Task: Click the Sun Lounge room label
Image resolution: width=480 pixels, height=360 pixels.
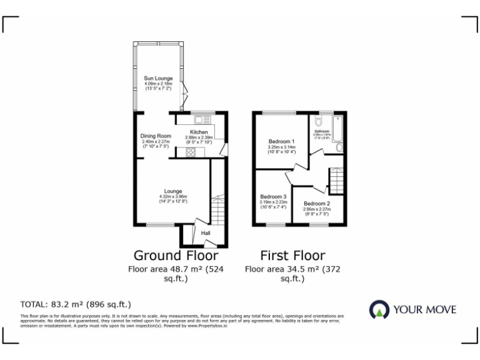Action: (158, 79)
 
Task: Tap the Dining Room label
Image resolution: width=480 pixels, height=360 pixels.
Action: (156, 136)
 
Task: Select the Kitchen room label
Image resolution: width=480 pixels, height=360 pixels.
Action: (199, 132)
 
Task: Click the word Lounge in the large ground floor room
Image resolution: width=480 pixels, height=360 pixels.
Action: (173, 191)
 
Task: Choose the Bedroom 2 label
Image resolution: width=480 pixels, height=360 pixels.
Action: (317, 204)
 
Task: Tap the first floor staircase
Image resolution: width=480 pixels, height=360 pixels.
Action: (336, 181)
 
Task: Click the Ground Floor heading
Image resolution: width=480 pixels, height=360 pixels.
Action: (176, 256)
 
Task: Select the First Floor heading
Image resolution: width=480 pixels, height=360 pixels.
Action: (292, 256)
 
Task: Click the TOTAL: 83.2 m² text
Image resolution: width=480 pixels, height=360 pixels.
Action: (76, 304)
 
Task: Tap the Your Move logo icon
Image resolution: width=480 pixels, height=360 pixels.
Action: (379, 309)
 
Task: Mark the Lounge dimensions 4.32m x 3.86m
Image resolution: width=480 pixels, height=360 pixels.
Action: (173, 197)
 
